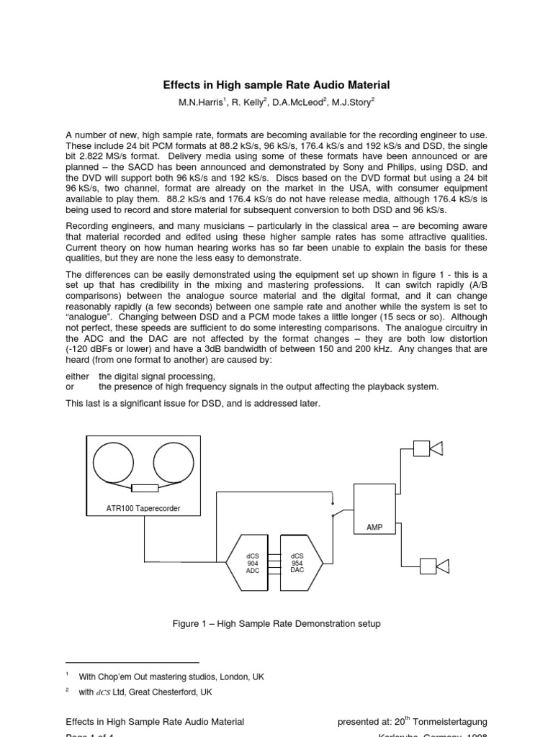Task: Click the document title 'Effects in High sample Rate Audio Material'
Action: pos(276,85)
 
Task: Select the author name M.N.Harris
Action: pos(201,103)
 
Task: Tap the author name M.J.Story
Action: pos(351,103)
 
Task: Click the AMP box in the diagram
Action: pos(374,510)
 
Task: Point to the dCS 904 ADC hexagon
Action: pos(253,563)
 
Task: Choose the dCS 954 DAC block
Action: pos(297,563)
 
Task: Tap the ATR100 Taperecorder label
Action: pos(143,508)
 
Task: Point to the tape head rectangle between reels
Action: pos(145,488)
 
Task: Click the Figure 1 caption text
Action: pos(276,623)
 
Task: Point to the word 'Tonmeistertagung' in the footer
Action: pos(451,722)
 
